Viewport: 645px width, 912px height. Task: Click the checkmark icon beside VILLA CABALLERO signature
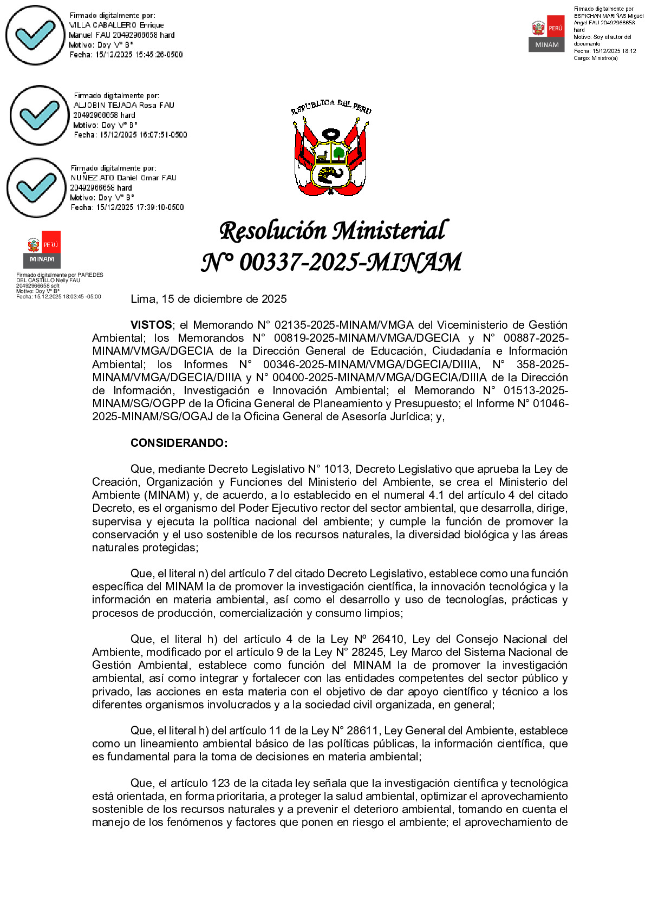[x=35, y=35]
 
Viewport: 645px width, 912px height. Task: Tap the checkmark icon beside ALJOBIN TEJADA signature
[x=39, y=115]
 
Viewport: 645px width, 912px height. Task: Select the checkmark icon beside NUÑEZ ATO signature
[x=36, y=187]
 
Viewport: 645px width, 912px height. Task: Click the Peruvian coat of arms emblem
[x=331, y=149]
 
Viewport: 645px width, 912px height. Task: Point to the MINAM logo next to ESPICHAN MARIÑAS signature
[x=546, y=34]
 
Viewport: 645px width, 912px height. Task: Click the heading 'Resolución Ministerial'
[x=333, y=231]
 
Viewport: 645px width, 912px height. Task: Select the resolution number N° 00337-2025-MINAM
[x=331, y=263]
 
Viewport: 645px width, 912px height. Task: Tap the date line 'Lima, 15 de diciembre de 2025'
[x=209, y=299]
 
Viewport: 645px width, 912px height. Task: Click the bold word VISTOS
[x=151, y=325]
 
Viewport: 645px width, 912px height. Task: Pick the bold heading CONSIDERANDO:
[x=179, y=443]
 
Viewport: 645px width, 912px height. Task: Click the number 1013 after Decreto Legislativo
[x=336, y=469]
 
